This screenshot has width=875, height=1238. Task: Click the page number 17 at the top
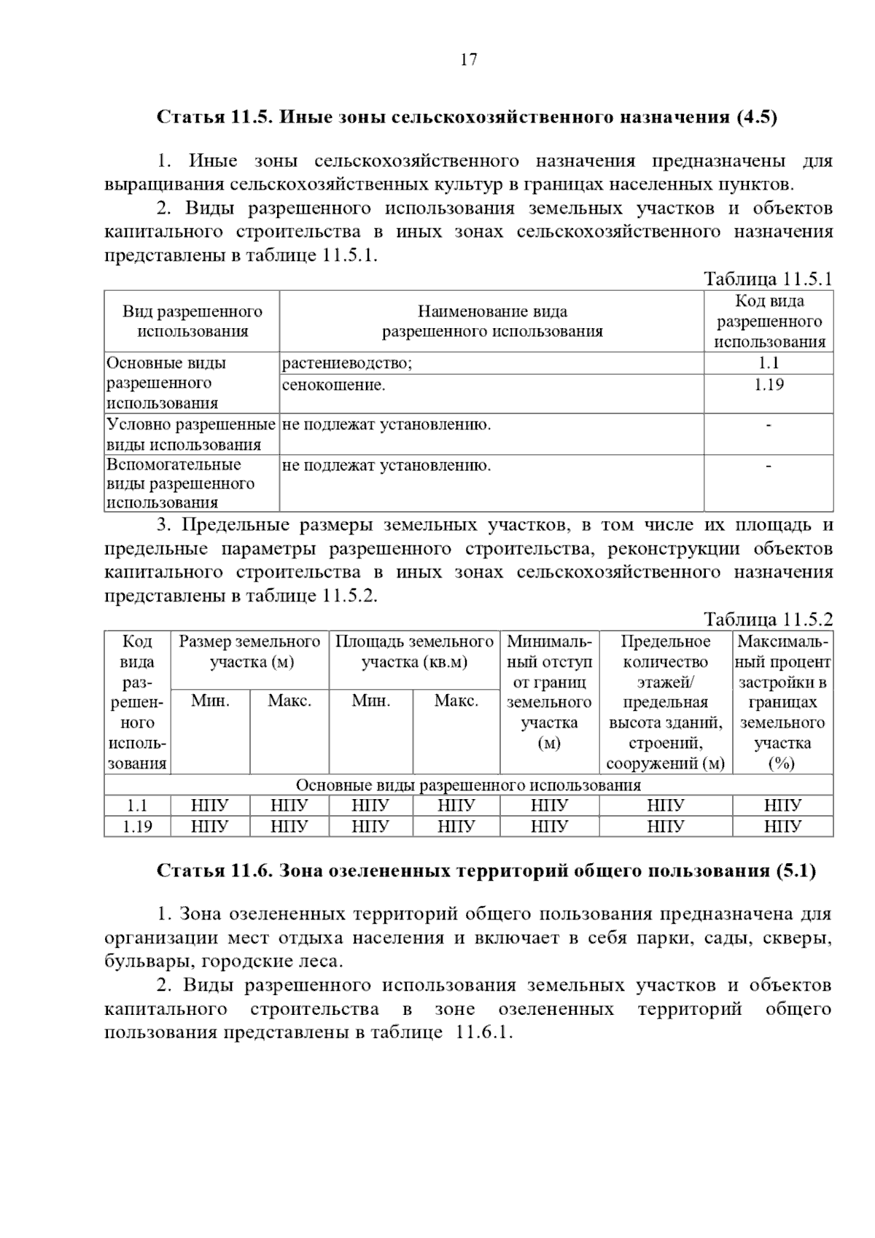coord(468,60)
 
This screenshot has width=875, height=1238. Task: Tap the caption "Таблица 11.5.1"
coord(767,279)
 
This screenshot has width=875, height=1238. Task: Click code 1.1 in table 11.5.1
coord(769,364)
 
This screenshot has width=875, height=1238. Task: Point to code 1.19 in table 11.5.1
coord(769,385)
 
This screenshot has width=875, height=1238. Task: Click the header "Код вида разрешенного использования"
coord(769,322)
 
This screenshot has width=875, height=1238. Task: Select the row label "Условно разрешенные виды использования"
coord(191,435)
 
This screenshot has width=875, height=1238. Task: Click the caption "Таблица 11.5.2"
coord(767,620)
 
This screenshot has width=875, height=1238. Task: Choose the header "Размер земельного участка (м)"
coord(250,652)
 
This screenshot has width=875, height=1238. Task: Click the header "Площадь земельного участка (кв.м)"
coord(414,652)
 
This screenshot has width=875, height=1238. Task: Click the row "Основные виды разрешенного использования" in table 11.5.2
coord(468,785)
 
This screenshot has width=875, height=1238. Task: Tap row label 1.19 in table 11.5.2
coord(137,827)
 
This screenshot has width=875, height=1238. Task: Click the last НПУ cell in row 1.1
coord(782,806)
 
